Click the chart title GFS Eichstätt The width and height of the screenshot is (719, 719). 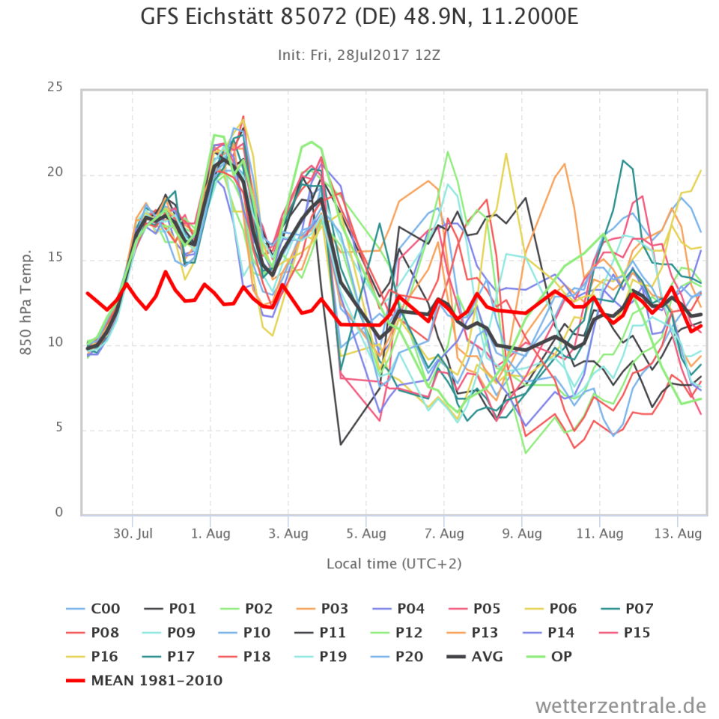click(x=359, y=18)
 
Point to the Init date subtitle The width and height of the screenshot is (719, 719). click(x=359, y=55)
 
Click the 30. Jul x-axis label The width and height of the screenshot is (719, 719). click(x=133, y=533)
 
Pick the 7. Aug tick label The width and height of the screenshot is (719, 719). click(x=444, y=533)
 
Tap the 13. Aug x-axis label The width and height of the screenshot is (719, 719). click(x=678, y=533)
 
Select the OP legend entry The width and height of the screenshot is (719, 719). click(x=560, y=657)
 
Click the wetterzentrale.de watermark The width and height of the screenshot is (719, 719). click(x=621, y=705)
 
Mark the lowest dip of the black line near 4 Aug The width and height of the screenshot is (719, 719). click(x=341, y=444)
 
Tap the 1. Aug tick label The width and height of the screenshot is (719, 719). click(x=210, y=533)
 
